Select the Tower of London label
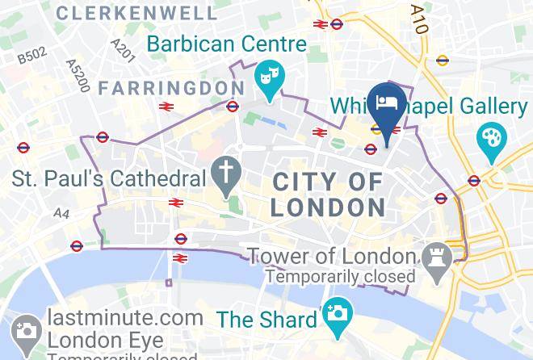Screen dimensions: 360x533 (332, 257)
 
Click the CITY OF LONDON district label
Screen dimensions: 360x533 (328, 195)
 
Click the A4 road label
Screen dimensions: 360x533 (61, 213)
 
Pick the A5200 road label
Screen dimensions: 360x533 (77, 74)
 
